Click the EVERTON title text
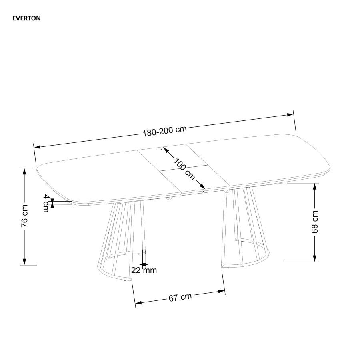click(x=26, y=18)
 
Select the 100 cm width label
click(x=184, y=169)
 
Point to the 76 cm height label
click(x=24, y=216)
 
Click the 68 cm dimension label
click(x=315, y=222)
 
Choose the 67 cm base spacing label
click(x=180, y=297)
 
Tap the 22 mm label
click(x=144, y=270)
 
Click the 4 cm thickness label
click(x=46, y=203)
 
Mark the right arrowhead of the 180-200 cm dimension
click(x=290, y=114)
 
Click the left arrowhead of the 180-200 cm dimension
click(x=38, y=146)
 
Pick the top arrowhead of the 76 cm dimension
click(x=24, y=171)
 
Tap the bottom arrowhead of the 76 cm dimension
click(x=24, y=262)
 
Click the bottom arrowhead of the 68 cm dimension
click(x=315, y=258)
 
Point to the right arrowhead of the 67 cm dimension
click(x=222, y=292)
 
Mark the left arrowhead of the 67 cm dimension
click(x=139, y=303)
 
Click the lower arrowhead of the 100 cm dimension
click(x=202, y=187)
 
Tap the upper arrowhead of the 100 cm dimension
click(x=166, y=150)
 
